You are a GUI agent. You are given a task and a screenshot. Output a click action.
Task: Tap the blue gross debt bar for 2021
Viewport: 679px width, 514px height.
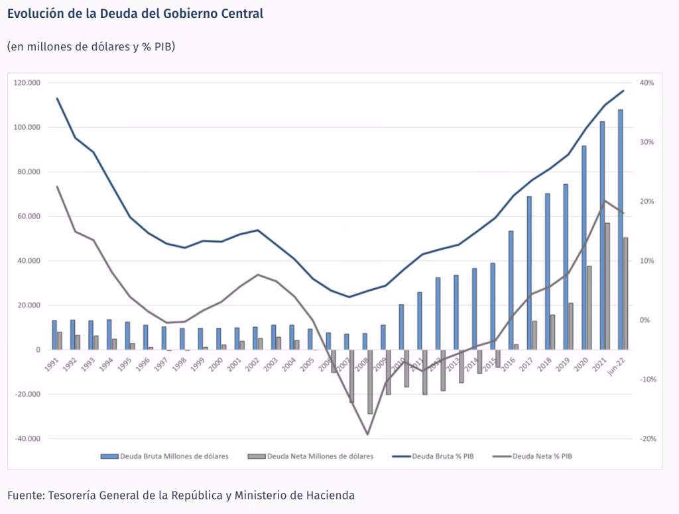point(602,235)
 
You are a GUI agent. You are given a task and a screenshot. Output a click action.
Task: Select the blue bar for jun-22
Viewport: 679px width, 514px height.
point(621,229)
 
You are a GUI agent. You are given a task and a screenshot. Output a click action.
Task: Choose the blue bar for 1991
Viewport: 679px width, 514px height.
point(54,335)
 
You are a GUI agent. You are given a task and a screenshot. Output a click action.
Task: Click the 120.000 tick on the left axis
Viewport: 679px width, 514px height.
point(27,83)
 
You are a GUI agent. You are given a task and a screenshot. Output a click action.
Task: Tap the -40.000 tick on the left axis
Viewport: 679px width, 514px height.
point(27,438)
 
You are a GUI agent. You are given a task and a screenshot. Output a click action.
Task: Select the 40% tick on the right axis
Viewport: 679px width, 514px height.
point(647,83)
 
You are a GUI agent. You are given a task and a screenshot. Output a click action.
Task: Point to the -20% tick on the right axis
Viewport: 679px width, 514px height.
point(647,438)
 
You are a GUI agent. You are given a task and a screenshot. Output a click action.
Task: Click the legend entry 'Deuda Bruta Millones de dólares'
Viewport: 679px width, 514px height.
point(165,456)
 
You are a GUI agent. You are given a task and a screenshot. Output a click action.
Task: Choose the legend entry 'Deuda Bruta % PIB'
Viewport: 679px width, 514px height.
point(434,456)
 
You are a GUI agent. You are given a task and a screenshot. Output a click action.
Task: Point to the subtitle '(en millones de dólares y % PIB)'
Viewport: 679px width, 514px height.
point(91,47)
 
